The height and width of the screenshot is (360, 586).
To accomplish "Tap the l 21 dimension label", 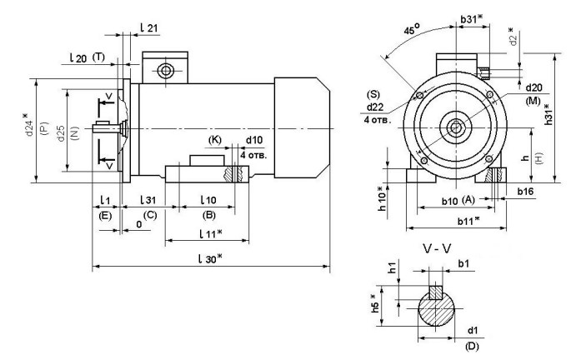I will coord(150,27).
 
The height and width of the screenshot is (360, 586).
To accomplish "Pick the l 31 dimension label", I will coord(146,200).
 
